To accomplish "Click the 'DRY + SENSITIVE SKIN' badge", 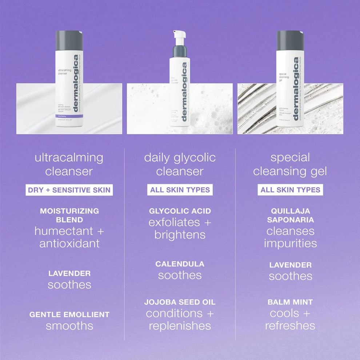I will pyautogui.click(x=69, y=190).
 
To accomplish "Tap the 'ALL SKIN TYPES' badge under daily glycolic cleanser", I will pyautogui.click(x=180, y=190).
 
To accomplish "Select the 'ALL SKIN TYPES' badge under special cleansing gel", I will pyautogui.click(x=290, y=190).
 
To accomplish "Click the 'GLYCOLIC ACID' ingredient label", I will pyautogui.click(x=180, y=211).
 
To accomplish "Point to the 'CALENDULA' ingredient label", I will pyautogui.click(x=180, y=264).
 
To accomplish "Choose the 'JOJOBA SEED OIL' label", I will pyautogui.click(x=180, y=302).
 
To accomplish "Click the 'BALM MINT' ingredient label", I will pyautogui.click(x=290, y=302).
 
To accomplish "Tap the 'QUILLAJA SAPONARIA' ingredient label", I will pyautogui.click(x=290, y=215).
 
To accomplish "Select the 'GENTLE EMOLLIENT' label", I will pyautogui.click(x=69, y=315).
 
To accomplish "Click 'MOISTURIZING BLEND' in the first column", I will pyautogui.click(x=69, y=215).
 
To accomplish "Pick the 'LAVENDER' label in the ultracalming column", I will pyautogui.click(x=69, y=273).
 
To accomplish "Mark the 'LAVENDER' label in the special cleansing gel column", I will pyautogui.click(x=290, y=265).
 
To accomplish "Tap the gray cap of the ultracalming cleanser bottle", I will pyautogui.click(x=69, y=40).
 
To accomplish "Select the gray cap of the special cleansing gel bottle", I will pyautogui.click(x=290, y=40).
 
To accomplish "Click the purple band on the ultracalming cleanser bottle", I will pyautogui.click(x=69, y=116).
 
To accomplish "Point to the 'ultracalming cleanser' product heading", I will pyautogui.click(x=69, y=164).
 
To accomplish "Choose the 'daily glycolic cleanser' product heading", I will pyautogui.click(x=180, y=164).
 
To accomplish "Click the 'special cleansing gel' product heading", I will pyautogui.click(x=290, y=164).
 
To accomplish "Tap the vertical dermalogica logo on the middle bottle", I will pyautogui.click(x=184, y=92).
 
